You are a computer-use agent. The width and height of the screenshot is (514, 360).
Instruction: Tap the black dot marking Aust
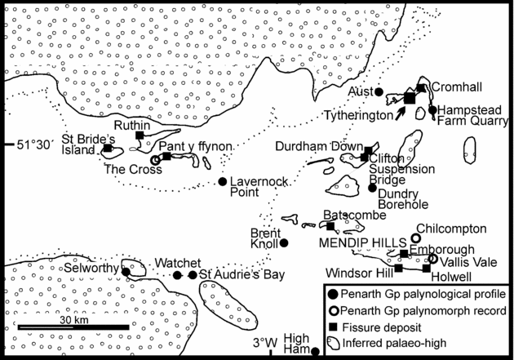pos(379,91)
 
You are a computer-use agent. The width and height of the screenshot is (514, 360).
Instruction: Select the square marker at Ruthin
pos(140,136)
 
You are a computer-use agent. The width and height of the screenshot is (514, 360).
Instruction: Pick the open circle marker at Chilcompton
pos(415,238)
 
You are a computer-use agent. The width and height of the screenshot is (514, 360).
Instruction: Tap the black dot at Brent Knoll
pos(284,242)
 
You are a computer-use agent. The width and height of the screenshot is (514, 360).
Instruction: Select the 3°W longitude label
pos(264,341)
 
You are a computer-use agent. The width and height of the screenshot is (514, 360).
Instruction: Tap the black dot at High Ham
pos(316,351)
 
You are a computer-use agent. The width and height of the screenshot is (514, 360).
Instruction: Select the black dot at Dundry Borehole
pos(372,188)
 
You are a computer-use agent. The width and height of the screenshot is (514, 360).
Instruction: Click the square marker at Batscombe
pos(330,226)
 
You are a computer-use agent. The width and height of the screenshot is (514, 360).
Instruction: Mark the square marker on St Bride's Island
pos(108,149)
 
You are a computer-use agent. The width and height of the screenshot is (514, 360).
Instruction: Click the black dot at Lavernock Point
pos(223,181)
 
